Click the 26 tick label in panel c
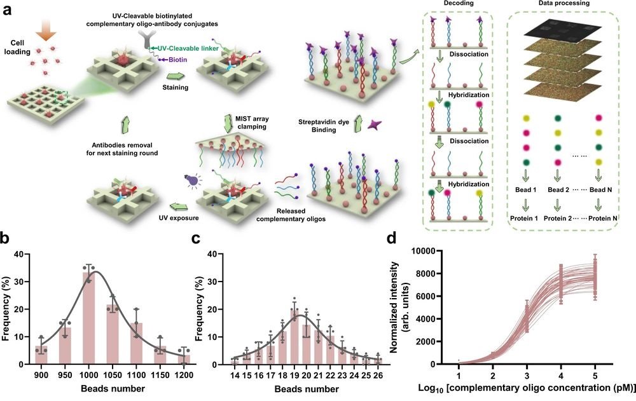(x=380, y=375)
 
